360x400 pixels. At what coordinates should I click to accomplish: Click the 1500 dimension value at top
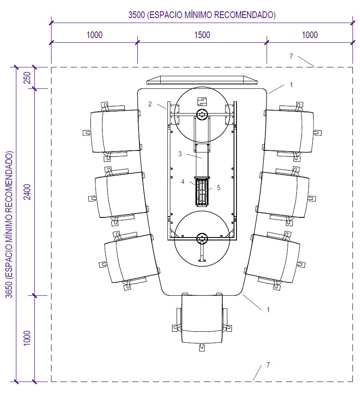click(x=202, y=35)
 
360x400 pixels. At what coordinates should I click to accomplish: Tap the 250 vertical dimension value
click(x=27, y=78)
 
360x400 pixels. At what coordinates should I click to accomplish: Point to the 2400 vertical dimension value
click(x=27, y=192)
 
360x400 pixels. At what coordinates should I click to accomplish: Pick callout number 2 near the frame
click(x=150, y=104)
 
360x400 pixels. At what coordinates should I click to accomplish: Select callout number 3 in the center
click(x=180, y=154)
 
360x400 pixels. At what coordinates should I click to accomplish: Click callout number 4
click(x=183, y=182)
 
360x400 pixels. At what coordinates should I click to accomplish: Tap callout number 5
click(x=219, y=188)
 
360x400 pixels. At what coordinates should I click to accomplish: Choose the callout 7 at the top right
click(x=291, y=56)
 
